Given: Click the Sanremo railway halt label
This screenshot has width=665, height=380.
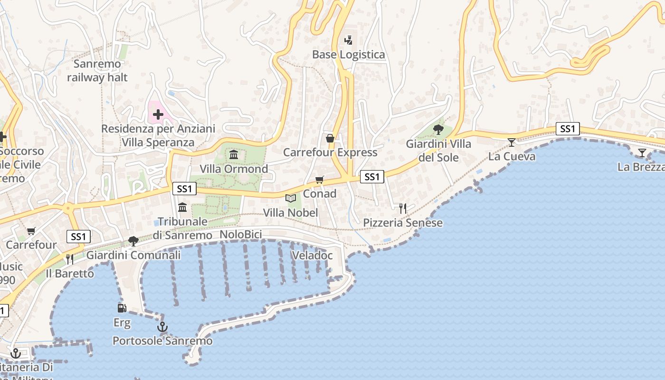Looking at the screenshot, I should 97,70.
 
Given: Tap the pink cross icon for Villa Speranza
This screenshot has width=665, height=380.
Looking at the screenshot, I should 158,114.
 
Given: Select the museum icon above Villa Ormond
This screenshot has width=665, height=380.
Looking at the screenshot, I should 233,155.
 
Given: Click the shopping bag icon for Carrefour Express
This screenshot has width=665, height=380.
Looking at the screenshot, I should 330,138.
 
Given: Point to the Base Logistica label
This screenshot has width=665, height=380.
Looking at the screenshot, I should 348,55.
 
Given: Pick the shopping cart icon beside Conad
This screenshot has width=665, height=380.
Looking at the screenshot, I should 319,180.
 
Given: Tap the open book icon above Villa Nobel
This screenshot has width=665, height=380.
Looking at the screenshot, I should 290,198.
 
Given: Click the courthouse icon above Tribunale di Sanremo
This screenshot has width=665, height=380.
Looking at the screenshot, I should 182,207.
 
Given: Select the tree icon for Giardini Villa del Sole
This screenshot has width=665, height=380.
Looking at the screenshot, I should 438,129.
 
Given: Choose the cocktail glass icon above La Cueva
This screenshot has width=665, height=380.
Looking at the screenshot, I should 512,142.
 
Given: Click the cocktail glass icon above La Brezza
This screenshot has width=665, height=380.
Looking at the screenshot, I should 642,152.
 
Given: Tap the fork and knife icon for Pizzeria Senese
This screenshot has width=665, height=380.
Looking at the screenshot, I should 403,208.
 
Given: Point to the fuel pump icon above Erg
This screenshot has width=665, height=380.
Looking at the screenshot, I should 122,308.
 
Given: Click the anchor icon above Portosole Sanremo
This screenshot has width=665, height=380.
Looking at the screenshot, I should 162,327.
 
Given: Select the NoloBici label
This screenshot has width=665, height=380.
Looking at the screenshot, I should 241,235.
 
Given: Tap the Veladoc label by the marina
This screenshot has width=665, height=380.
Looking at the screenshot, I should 312,255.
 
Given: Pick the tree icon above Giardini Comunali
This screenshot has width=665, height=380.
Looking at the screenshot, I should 133,241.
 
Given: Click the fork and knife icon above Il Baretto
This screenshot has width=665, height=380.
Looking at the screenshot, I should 70,259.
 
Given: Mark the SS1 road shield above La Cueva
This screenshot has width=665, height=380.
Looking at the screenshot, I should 568,129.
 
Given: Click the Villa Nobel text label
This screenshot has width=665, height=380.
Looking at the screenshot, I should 290,212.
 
